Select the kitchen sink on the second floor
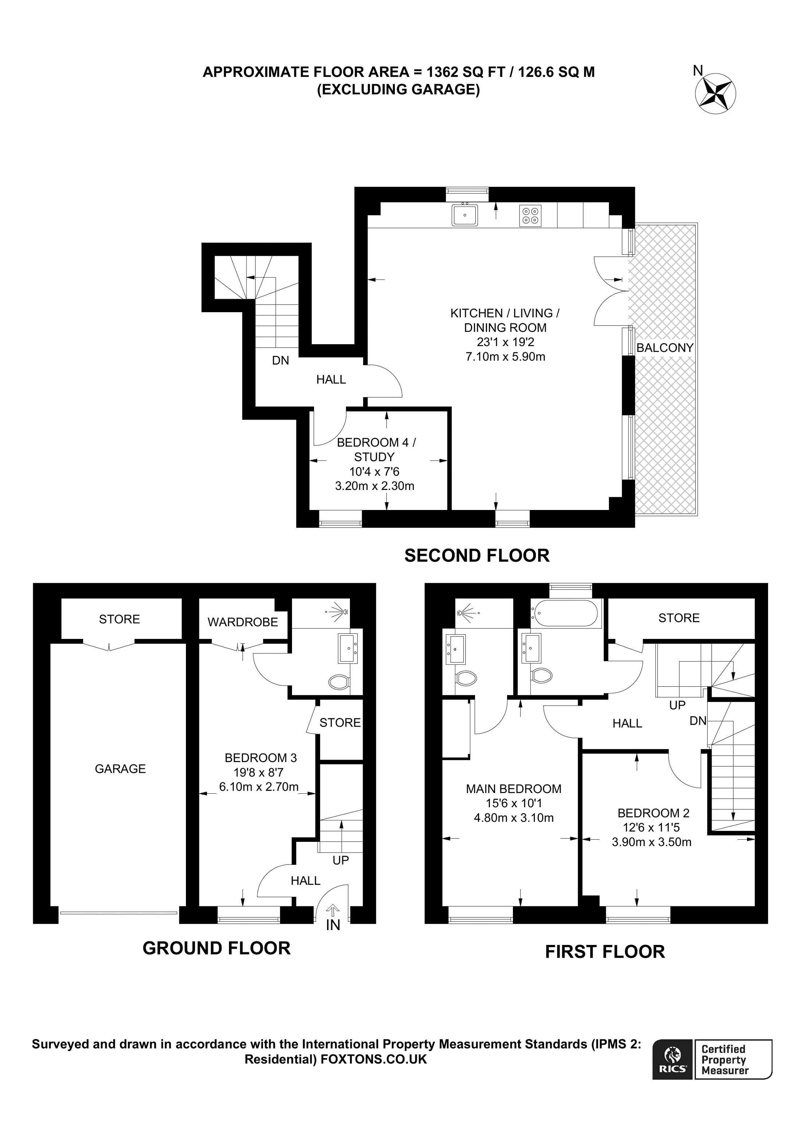464,215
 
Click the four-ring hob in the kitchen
530,216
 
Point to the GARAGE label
120,769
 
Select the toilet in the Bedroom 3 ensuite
339,683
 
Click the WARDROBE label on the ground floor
243,622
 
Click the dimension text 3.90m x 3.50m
651,842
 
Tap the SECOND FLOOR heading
476,556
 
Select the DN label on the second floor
280,361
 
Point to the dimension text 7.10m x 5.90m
505,357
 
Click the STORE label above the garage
119,619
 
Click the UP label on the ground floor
340,860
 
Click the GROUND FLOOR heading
217,948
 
